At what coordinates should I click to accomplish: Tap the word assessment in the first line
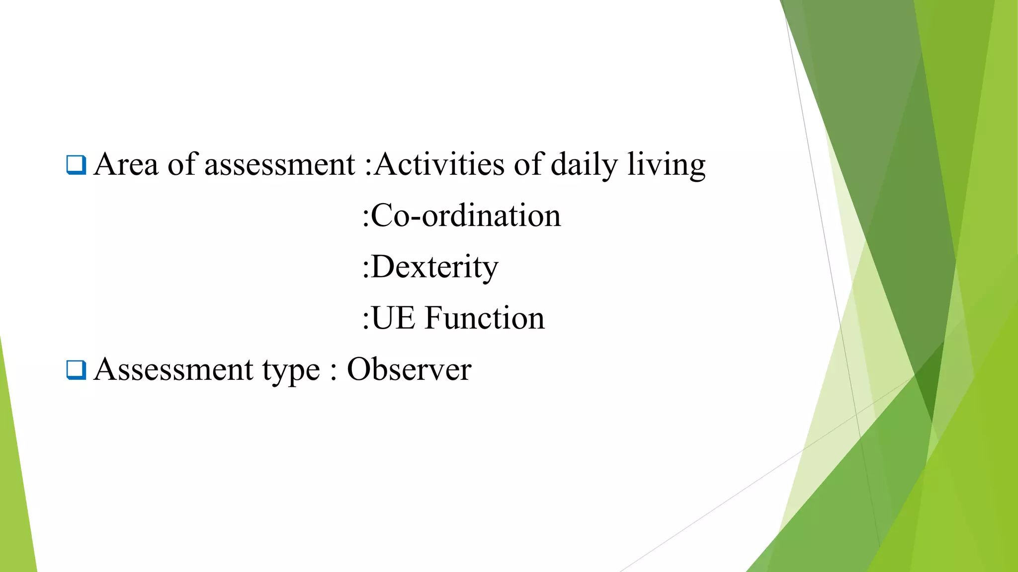pos(280,165)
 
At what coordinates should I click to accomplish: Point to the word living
pos(666,165)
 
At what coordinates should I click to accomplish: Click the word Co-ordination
pos(466,216)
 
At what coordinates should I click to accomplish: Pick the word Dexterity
pos(434,268)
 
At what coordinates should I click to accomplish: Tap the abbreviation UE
pos(393,318)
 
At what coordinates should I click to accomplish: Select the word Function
pos(485,318)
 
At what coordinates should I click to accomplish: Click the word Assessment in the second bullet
pos(173,370)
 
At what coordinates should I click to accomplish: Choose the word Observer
pos(409,370)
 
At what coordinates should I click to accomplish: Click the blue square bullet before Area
pos(76,165)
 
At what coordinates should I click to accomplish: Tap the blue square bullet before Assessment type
pos(76,370)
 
